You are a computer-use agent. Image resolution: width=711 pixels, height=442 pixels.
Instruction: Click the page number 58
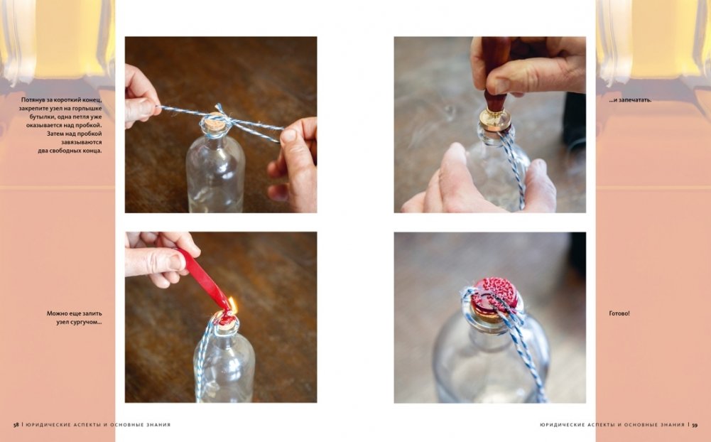coord(16,425)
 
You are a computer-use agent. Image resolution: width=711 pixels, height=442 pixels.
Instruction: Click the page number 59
coord(695,425)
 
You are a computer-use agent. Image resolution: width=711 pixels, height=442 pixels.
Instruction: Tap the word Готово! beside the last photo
coord(619,313)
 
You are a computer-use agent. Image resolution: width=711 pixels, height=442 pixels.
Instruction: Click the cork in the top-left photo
coord(212,124)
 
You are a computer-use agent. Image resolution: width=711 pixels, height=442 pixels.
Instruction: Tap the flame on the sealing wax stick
coord(232,305)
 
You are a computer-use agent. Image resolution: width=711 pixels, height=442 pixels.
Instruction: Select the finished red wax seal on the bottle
coord(495,295)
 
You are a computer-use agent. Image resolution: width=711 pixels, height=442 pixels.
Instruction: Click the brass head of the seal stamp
coord(494,119)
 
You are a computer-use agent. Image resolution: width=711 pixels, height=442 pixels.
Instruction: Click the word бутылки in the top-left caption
coord(35,117)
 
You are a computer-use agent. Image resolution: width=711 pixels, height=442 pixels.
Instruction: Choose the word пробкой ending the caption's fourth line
coord(89,125)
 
